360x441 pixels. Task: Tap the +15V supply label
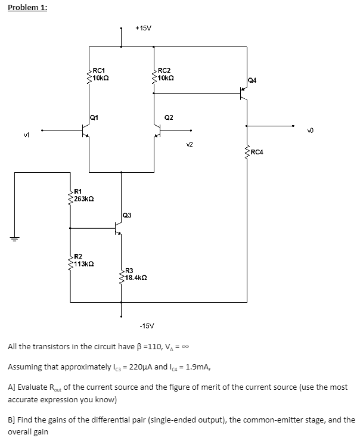coord(143,28)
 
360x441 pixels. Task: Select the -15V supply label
coord(146,325)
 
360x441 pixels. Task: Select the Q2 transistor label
coord(169,117)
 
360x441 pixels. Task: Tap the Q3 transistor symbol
coord(118,228)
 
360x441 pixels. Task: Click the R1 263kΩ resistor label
coord(83,195)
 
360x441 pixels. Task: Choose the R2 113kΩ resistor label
coord(83,259)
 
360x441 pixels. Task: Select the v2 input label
coord(190,143)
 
